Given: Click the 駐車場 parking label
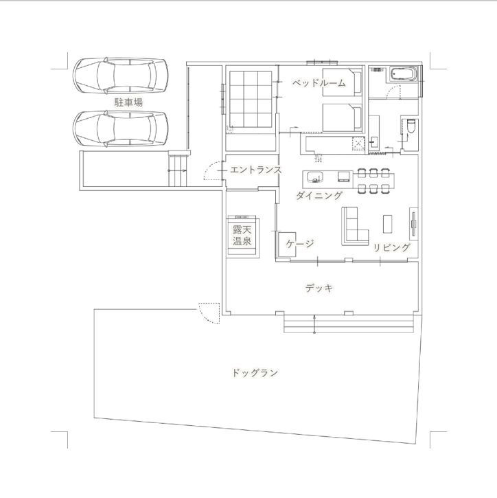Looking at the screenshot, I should coord(128,103).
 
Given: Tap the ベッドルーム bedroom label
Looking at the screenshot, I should coord(318,83).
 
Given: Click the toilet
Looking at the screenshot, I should coord(411,128).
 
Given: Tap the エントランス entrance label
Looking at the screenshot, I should coord(255,170).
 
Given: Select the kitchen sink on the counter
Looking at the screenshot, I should coord(314,177).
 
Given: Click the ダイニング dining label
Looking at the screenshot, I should coord(319,196).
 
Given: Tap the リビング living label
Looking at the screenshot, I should coord(392,247).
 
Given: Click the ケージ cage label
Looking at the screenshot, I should coord(299,244).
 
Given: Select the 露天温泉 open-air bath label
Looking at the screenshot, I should coord(241,235).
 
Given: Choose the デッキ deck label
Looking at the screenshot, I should coord(319,288).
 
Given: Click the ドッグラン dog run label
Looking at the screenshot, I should coord(255,374).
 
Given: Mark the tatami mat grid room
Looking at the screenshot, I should coord(251,100).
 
